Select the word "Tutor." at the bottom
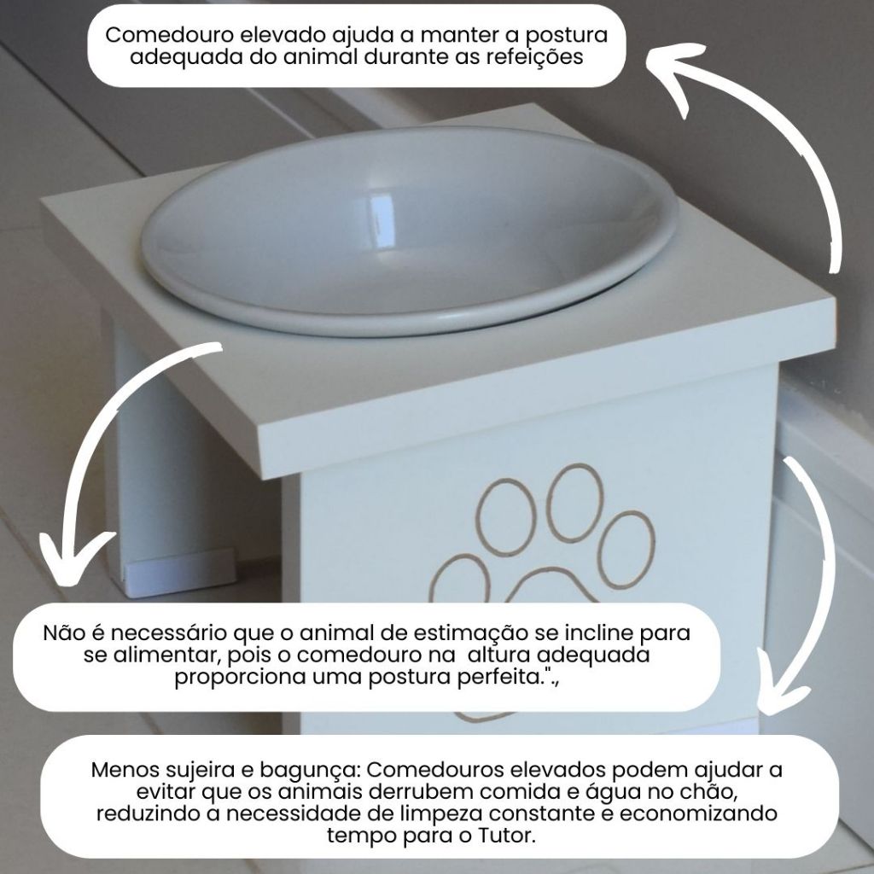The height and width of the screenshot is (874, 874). pos(507,836)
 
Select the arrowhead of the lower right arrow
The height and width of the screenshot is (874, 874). pos(779,691)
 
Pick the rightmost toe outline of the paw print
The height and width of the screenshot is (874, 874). pos(628,550)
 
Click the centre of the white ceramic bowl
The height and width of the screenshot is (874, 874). pos(410,231)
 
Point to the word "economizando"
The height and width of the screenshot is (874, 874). pos(698,813)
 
